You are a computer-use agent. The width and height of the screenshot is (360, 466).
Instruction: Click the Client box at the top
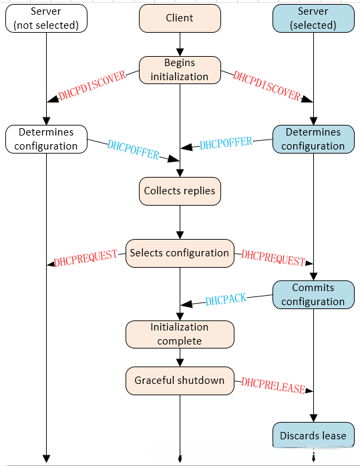point(179,19)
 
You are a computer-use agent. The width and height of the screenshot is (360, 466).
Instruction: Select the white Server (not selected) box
point(46,18)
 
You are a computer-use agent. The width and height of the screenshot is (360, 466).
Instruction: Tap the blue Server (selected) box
point(313,18)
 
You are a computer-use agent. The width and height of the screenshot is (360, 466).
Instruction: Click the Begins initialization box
point(179,69)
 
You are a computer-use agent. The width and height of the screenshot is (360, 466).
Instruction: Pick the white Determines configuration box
point(46,139)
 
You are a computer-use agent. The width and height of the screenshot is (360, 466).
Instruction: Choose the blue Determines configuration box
point(313,139)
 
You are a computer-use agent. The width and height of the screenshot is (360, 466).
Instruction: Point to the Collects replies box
point(180,191)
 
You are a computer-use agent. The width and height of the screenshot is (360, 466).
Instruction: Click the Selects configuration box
point(180,253)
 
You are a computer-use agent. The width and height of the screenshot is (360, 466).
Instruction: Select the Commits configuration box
point(313,294)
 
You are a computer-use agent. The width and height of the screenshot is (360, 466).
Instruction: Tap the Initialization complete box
point(180,334)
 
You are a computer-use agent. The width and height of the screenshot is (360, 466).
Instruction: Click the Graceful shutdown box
point(180,380)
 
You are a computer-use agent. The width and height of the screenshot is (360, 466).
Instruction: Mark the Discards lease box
point(313,435)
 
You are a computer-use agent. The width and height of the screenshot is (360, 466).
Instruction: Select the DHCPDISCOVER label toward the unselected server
point(92,86)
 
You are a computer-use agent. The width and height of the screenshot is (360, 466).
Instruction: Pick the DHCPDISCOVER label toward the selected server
point(266,85)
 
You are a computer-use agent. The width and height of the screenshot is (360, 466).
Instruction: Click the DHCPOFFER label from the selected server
point(226,143)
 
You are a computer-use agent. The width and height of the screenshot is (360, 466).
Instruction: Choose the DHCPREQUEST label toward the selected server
point(273,256)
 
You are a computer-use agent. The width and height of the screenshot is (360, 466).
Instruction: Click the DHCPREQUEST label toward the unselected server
point(85,257)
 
